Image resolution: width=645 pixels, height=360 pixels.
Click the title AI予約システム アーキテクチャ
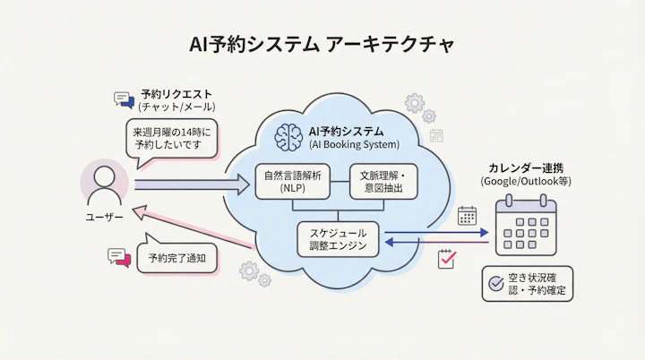pyautogui.click(x=322, y=43)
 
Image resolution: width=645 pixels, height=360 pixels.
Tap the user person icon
pyautogui.click(x=106, y=184)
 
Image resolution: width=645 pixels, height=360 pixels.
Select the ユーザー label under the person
pyautogui.click(x=106, y=218)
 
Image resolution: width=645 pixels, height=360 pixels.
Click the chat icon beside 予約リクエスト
pyautogui.click(x=124, y=100)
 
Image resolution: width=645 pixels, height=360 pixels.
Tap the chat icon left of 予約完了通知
pyautogui.click(x=118, y=257)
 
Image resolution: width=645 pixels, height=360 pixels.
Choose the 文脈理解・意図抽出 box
pyautogui.click(x=383, y=182)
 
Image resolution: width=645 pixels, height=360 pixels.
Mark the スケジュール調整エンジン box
pyautogui.click(x=338, y=239)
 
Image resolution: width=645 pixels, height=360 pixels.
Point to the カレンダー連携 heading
pyautogui.click(x=526, y=167)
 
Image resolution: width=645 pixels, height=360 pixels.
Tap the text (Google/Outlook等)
pyautogui.click(x=526, y=182)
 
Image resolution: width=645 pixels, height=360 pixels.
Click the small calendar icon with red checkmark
pyautogui.click(x=447, y=259)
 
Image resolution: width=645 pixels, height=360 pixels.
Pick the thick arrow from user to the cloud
pyautogui.click(x=193, y=185)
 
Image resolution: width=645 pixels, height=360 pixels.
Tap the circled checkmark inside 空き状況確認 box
pyautogui.click(x=495, y=284)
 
